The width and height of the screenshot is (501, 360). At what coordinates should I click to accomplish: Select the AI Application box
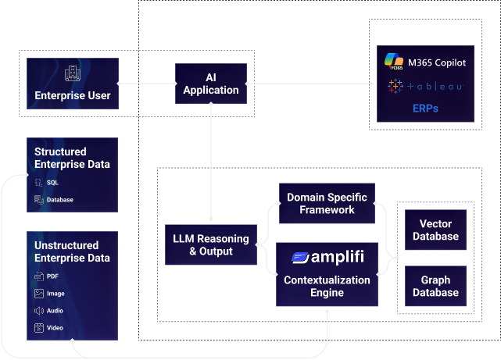coord(211,84)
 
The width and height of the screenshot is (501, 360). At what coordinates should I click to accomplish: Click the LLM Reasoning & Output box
coord(210,245)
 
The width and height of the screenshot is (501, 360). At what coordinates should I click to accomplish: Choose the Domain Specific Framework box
coord(327,203)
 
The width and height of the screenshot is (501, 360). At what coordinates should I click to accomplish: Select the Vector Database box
coord(435,230)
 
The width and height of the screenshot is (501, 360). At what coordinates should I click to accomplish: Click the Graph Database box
coord(435,287)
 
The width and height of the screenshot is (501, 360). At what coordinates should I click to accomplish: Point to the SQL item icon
coord(38,182)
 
